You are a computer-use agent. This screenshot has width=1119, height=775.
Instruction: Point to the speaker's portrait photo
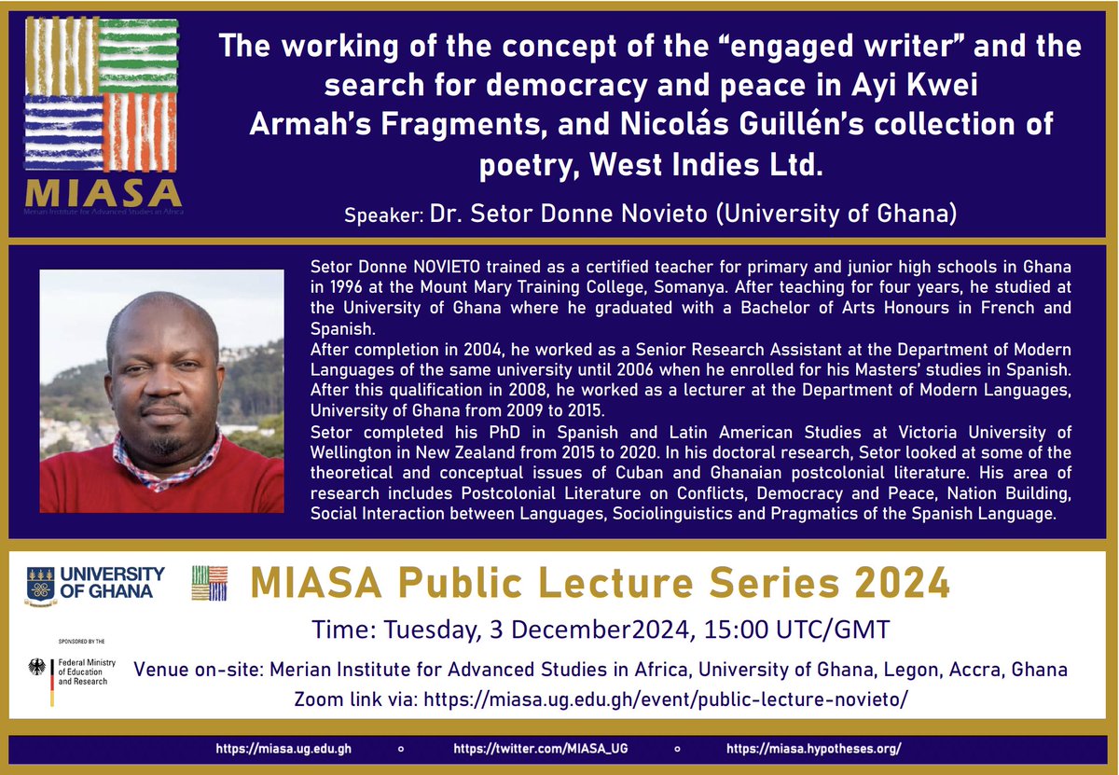coord(161,391)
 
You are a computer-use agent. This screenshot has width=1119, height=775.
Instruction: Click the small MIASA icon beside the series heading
coord(209,583)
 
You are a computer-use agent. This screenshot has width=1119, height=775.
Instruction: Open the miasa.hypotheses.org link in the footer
coord(813,749)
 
